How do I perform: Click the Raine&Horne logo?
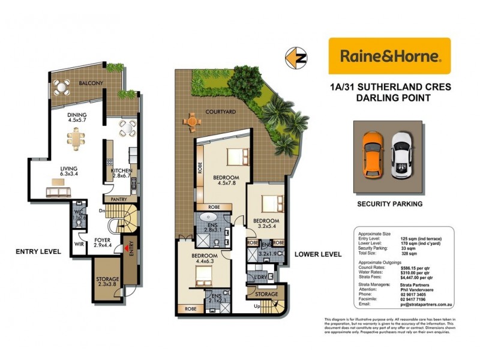(x=389, y=56)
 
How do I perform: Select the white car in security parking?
(x=400, y=154)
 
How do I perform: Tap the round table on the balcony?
(x=61, y=87)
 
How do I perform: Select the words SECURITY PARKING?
(x=389, y=204)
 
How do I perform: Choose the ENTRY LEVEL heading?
(x=38, y=251)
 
